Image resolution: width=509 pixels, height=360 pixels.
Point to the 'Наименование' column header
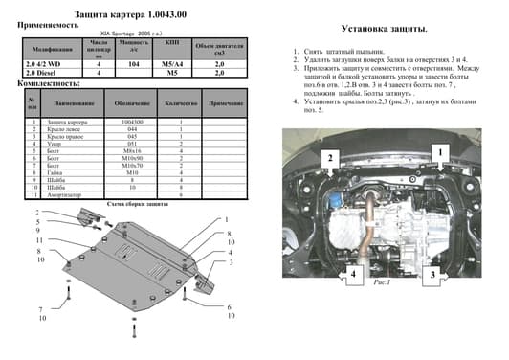pyautogui.click(x=74, y=102)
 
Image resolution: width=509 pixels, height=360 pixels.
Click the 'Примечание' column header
pyautogui.click(x=226, y=102)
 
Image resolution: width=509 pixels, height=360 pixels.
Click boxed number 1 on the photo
pyautogui.click(x=439, y=151)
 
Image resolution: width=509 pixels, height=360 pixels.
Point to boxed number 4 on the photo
pyautogui.click(x=353, y=274)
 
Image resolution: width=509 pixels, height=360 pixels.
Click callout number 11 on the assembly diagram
pyautogui.click(x=40, y=239)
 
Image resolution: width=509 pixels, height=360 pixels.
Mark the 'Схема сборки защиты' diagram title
pyautogui.click(x=139, y=204)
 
